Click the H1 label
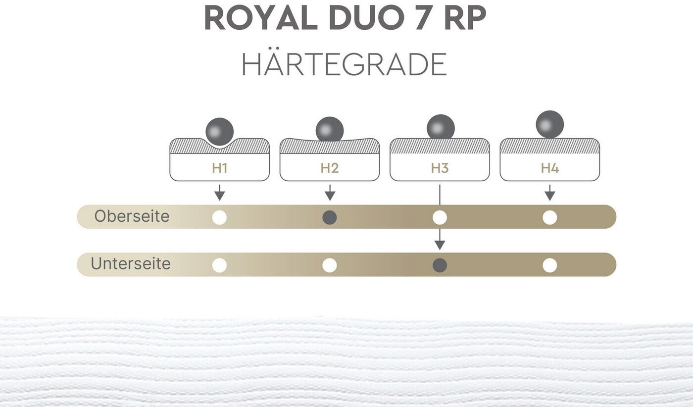point(219,168)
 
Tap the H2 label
point(330,168)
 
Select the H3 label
point(440,168)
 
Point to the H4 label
point(549,168)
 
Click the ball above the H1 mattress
point(219,132)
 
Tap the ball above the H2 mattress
point(330,130)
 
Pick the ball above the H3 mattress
point(441,127)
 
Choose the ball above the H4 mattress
point(549,124)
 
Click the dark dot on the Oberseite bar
point(330,217)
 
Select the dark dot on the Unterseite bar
point(440,265)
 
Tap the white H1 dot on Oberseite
point(219,217)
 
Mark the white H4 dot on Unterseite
point(549,265)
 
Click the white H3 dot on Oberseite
point(440,217)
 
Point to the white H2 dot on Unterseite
point(330,265)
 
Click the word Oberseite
point(132,216)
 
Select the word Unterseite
point(130,263)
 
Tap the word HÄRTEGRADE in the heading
point(344,64)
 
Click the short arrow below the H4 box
point(549,193)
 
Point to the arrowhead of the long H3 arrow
point(440,245)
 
